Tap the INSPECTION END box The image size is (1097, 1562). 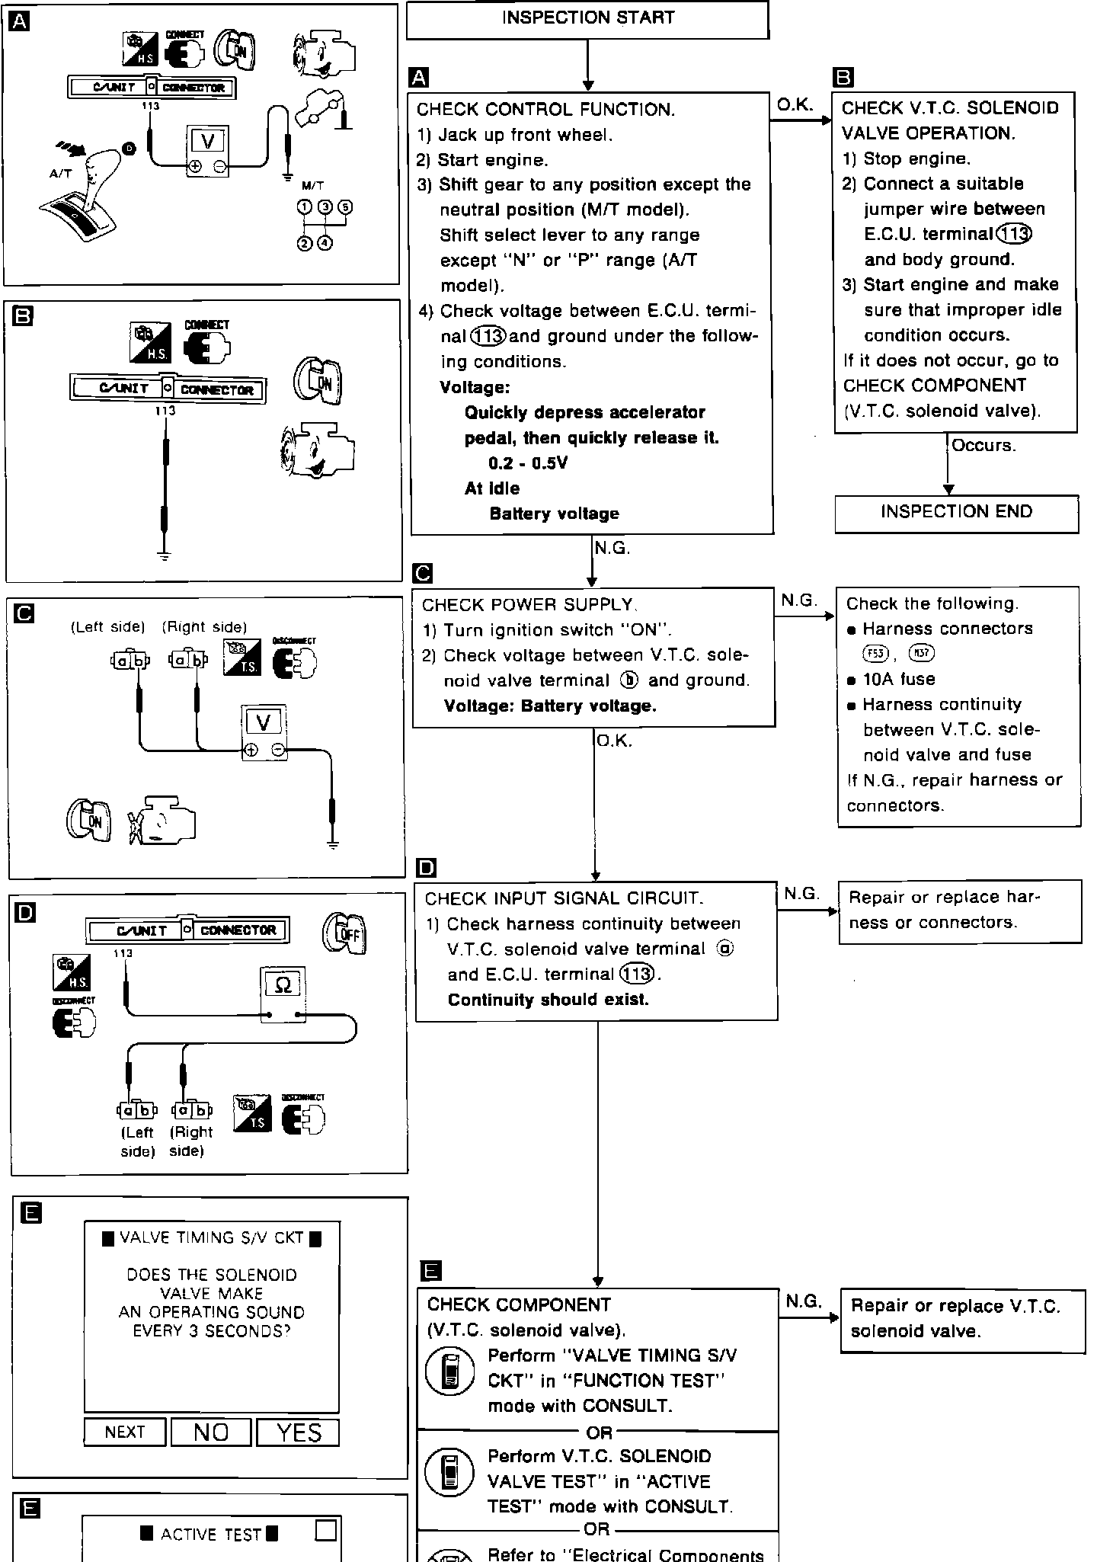pyautogui.click(x=956, y=513)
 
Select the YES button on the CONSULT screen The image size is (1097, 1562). pyautogui.click(x=298, y=1432)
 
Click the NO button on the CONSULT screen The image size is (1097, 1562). pyautogui.click(x=211, y=1432)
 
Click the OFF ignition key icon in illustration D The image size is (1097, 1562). pyautogui.click(x=344, y=933)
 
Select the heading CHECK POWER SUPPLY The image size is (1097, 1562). pyautogui.click(x=528, y=605)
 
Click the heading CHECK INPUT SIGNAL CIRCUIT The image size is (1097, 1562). pyautogui.click(x=564, y=899)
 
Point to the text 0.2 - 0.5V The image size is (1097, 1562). pyautogui.click(x=528, y=463)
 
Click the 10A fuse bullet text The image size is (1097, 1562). pyautogui.click(x=898, y=680)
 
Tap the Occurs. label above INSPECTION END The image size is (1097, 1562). pyautogui.click(x=983, y=446)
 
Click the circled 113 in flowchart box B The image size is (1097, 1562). pyautogui.click(x=1014, y=234)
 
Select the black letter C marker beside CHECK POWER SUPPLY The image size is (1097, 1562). pyautogui.click(x=421, y=573)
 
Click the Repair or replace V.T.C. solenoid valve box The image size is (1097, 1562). pyautogui.click(x=961, y=1320)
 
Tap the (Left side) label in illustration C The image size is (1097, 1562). pyautogui.click(x=107, y=627)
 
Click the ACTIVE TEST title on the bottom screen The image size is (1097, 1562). pyautogui.click(x=210, y=1535)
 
